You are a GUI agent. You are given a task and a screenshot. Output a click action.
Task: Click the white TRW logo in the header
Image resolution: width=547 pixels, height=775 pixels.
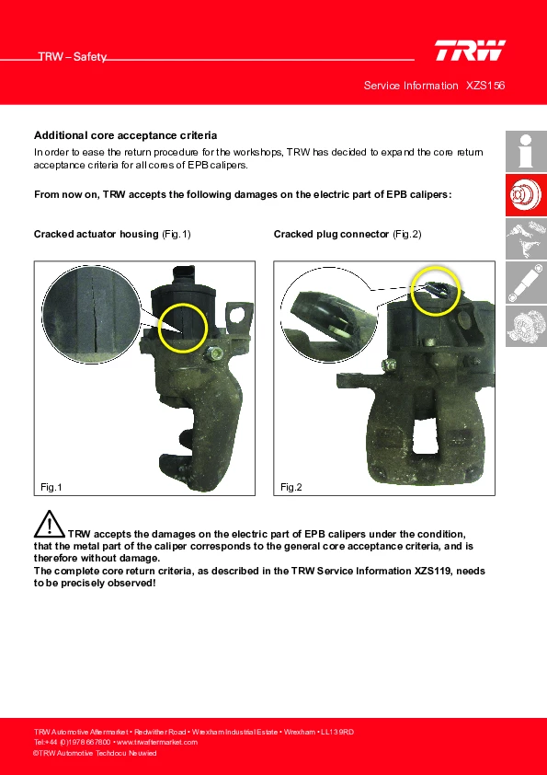(x=470, y=51)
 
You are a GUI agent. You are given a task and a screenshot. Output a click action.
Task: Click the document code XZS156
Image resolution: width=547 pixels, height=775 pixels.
(x=485, y=86)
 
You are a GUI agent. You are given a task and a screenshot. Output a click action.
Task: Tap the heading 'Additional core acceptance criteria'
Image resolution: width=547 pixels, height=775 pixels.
(x=125, y=135)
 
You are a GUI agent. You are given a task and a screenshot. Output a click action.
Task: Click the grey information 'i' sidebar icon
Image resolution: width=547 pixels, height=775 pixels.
(x=526, y=151)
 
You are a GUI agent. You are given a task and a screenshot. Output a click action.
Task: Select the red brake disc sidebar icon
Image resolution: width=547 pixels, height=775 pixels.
(x=526, y=195)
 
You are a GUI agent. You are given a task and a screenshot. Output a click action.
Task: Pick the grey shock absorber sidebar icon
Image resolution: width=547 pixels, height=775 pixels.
(x=526, y=283)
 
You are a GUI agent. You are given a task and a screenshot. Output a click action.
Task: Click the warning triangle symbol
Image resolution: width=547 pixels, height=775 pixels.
(x=50, y=524)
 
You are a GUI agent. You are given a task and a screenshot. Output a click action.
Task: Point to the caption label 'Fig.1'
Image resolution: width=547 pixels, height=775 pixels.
(x=51, y=487)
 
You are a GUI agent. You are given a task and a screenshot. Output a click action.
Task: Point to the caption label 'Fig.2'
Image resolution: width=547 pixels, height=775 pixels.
(x=291, y=487)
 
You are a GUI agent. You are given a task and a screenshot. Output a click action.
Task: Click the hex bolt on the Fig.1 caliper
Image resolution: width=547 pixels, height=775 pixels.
(x=215, y=353)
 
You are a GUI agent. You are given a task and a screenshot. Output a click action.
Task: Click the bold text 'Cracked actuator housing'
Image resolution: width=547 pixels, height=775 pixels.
(x=96, y=235)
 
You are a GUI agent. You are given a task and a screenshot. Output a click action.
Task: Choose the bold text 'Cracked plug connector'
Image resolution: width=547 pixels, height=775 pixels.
(x=331, y=235)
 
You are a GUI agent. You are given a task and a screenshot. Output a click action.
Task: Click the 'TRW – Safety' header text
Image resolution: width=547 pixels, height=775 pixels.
(x=73, y=57)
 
